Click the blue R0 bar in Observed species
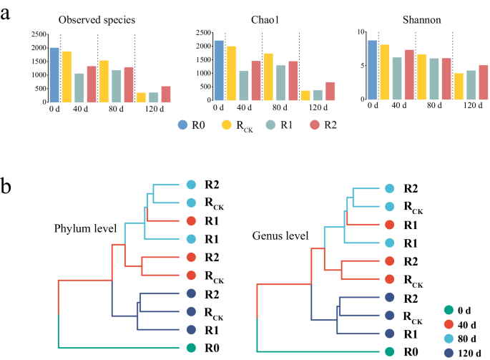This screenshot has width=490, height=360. click(54, 75)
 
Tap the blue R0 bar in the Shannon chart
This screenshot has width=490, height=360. click(372, 72)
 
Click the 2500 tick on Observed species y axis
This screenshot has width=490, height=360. click(37, 34)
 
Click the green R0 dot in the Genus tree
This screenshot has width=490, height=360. click(388, 351)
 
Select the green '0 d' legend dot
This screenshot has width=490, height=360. click(448, 310)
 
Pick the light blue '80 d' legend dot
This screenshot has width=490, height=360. click(448, 339)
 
